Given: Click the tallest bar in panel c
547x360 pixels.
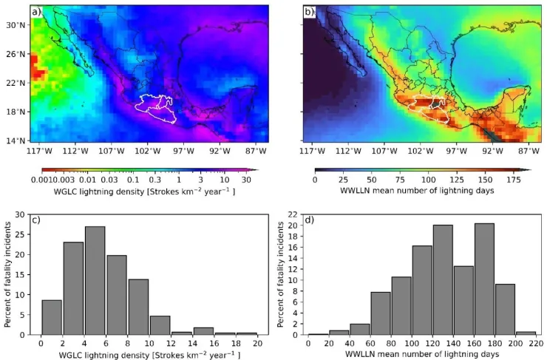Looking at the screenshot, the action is [x=95, y=280].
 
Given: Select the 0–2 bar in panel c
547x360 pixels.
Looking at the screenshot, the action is [x=52, y=317].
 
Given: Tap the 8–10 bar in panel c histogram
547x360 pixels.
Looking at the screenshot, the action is [x=138, y=307].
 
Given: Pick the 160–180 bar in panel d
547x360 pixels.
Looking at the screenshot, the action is [x=485, y=279].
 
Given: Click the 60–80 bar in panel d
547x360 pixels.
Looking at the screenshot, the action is [x=381, y=313].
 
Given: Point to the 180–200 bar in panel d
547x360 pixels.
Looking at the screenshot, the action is [x=505, y=310].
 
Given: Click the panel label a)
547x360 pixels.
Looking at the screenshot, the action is [x=36, y=13].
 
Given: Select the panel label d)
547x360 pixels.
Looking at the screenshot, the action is [x=310, y=220].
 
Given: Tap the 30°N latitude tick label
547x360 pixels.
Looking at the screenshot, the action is [x=16, y=25].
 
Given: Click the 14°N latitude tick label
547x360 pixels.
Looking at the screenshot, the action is [x=16, y=140].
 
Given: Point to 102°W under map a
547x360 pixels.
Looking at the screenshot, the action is [x=149, y=151].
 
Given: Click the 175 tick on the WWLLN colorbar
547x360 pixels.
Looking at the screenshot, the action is [x=514, y=180].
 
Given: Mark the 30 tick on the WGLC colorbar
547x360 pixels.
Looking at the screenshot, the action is [x=246, y=180].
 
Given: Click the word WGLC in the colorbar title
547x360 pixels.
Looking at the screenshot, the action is [x=64, y=191].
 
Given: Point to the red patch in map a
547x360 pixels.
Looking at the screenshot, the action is [x=37, y=68].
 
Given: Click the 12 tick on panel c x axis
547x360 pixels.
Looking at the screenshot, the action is [x=171, y=343].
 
